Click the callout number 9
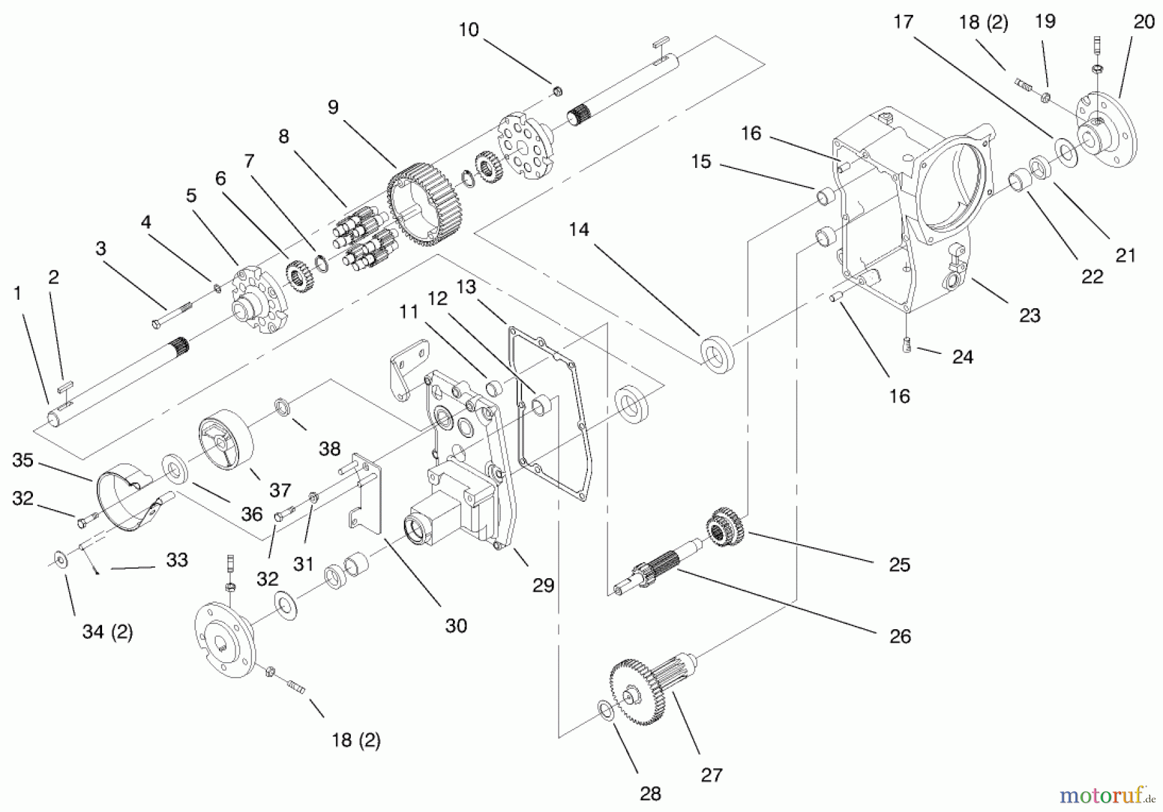click(x=333, y=107)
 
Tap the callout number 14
click(x=579, y=229)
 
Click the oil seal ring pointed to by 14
click(x=717, y=355)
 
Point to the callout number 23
click(x=1029, y=315)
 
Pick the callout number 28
click(x=651, y=794)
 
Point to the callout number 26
click(x=899, y=636)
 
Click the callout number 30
click(x=456, y=625)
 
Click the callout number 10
click(x=468, y=30)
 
